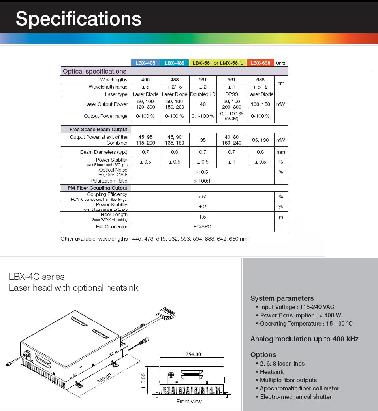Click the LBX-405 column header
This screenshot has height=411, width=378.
(145, 63)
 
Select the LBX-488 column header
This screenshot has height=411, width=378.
(175, 63)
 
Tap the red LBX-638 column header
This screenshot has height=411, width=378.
(260, 63)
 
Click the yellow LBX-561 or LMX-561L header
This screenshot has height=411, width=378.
(218, 63)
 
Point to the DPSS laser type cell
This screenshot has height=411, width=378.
(231, 94)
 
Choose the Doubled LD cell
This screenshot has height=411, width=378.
(203, 94)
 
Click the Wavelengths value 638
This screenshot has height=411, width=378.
(260, 80)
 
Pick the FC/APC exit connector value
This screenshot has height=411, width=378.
(203, 227)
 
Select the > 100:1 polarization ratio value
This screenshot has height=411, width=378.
(202, 181)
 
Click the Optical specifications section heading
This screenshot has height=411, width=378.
(95, 72)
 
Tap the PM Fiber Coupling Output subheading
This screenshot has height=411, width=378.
(98, 188)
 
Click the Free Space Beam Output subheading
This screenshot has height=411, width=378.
(98, 130)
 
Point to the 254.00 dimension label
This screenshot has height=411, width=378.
(193, 354)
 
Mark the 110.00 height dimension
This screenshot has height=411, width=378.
(143, 381)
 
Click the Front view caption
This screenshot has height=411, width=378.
(189, 402)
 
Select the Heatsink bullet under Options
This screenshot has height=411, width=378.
(272, 372)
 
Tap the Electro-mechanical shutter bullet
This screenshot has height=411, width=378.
(296, 397)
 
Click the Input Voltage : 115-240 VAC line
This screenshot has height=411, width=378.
(297, 307)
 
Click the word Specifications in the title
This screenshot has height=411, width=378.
(78, 19)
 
